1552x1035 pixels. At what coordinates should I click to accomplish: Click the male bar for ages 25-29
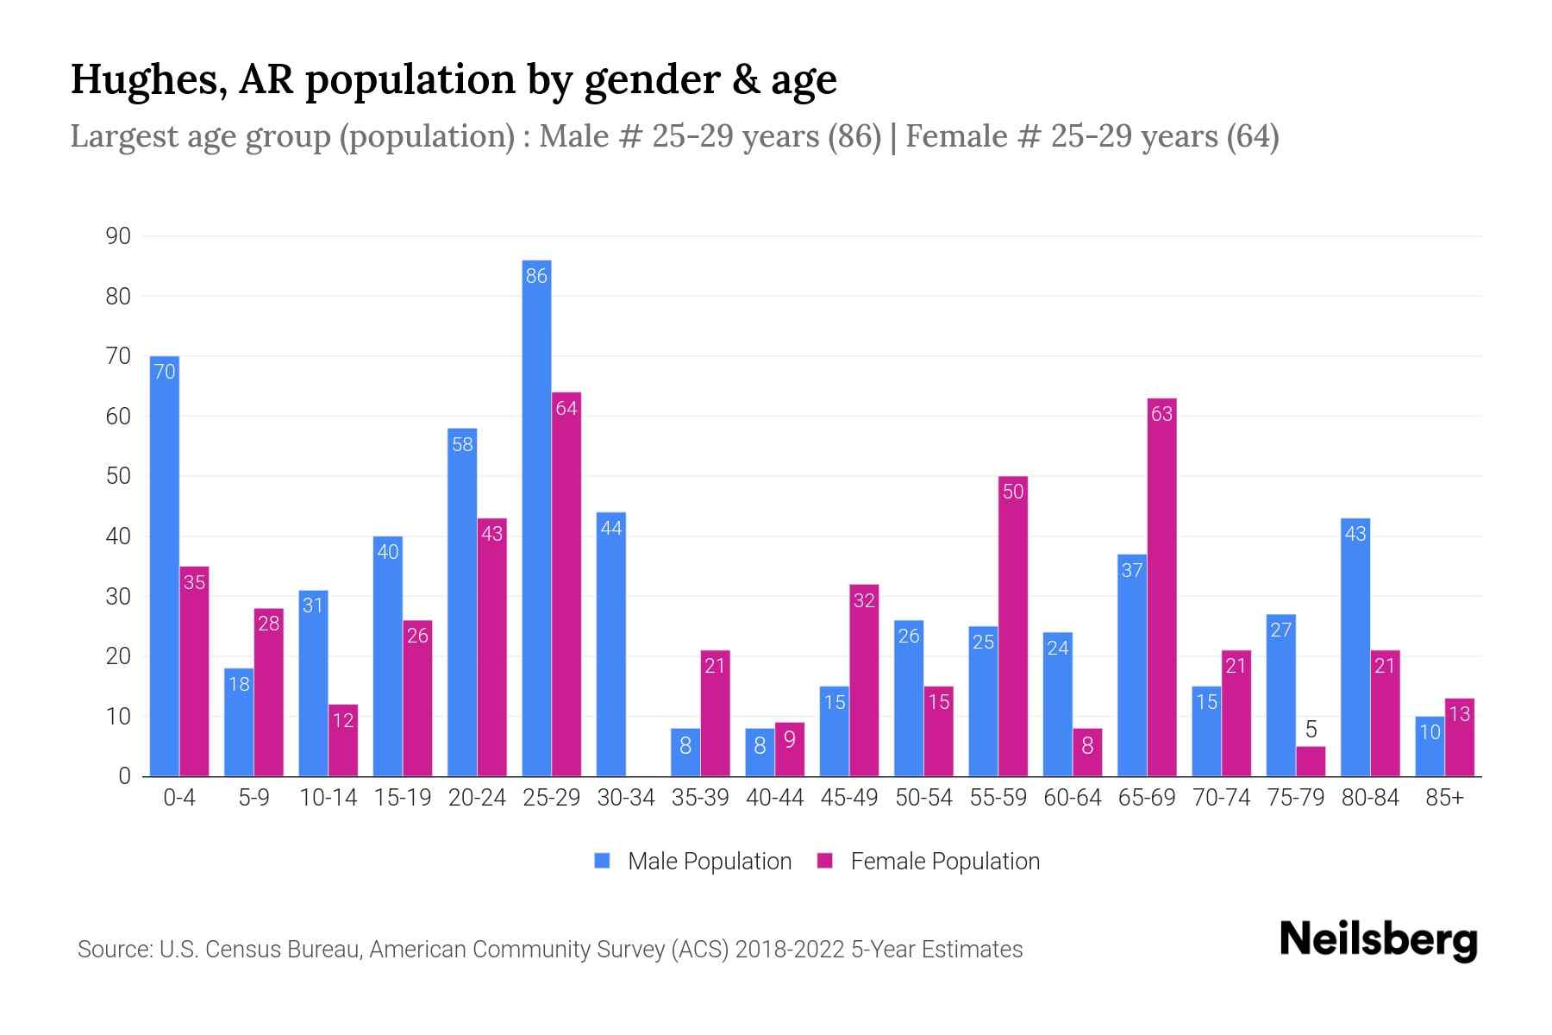(x=536, y=517)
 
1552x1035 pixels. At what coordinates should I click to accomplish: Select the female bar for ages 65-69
(x=1161, y=586)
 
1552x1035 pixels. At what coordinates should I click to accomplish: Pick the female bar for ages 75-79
(x=1311, y=762)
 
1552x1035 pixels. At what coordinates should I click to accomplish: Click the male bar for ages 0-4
(x=164, y=566)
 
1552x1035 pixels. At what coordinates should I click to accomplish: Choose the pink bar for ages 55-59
(x=1013, y=626)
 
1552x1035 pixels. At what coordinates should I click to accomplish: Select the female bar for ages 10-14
(x=343, y=740)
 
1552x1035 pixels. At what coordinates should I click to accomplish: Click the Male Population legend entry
(x=693, y=862)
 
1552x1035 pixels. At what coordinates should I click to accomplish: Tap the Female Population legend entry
(x=929, y=862)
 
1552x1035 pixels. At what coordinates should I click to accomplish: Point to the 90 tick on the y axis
(x=118, y=236)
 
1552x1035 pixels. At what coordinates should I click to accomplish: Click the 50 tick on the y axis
(x=118, y=476)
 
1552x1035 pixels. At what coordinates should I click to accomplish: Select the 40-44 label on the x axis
(x=774, y=798)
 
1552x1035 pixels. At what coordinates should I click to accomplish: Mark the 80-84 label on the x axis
(x=1369, y=798)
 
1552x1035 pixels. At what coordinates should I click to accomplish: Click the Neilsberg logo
(x=1378, y=940)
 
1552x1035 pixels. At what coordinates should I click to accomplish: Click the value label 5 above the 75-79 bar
(x=1311, y=730)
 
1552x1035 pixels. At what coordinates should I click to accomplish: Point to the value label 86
(x=536, y=276)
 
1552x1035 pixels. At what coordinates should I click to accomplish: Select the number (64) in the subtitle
(x=1253, y=136)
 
